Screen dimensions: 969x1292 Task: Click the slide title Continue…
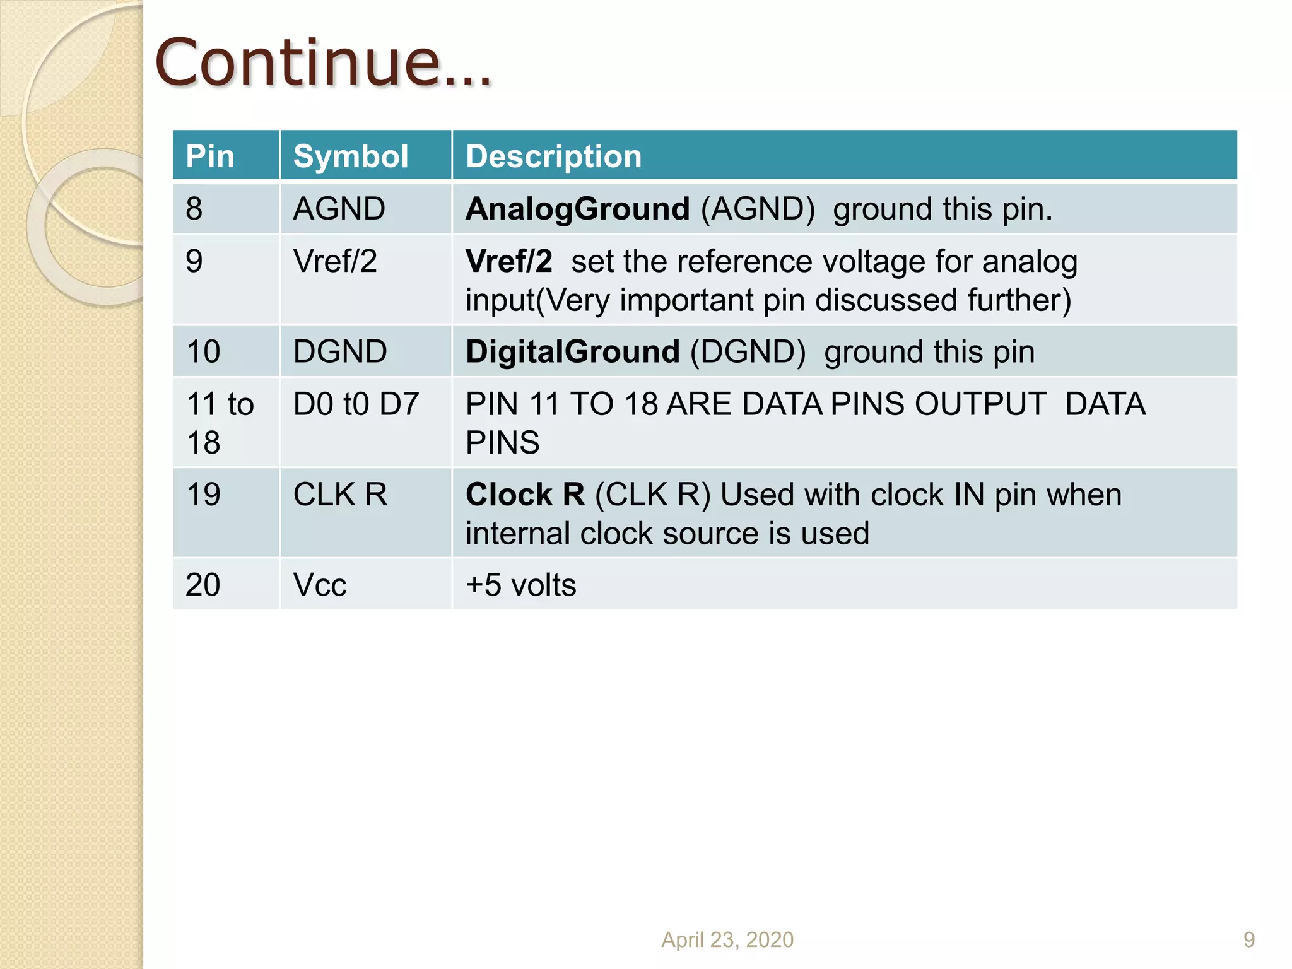pos(322,63)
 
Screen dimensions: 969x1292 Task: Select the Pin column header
pos(210,156)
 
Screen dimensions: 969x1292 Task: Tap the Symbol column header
pos(351,156)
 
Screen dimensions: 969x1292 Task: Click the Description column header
pos(553,156)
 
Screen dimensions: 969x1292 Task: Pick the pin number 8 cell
pos(194,208)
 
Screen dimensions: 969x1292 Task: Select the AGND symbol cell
pos(339,208)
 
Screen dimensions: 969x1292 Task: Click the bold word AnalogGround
pos(577,209)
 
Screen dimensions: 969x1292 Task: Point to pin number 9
pos(194,261)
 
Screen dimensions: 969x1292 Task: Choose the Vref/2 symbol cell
pos(335,261)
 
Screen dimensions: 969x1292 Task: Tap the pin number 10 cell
pos(203,351)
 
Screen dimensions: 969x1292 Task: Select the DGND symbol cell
pos(340,351)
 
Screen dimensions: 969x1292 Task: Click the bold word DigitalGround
pos(572,351)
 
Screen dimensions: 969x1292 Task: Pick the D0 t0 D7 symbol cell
pos(356,404)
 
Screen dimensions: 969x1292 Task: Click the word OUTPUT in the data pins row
pos(980,404)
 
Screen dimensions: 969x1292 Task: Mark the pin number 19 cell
pos(203,494)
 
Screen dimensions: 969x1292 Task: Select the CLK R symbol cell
pos(340,494)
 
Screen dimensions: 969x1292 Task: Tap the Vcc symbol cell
pos(320,585)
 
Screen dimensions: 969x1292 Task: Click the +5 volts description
pos(520,585)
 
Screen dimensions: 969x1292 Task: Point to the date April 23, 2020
pos(727,939)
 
